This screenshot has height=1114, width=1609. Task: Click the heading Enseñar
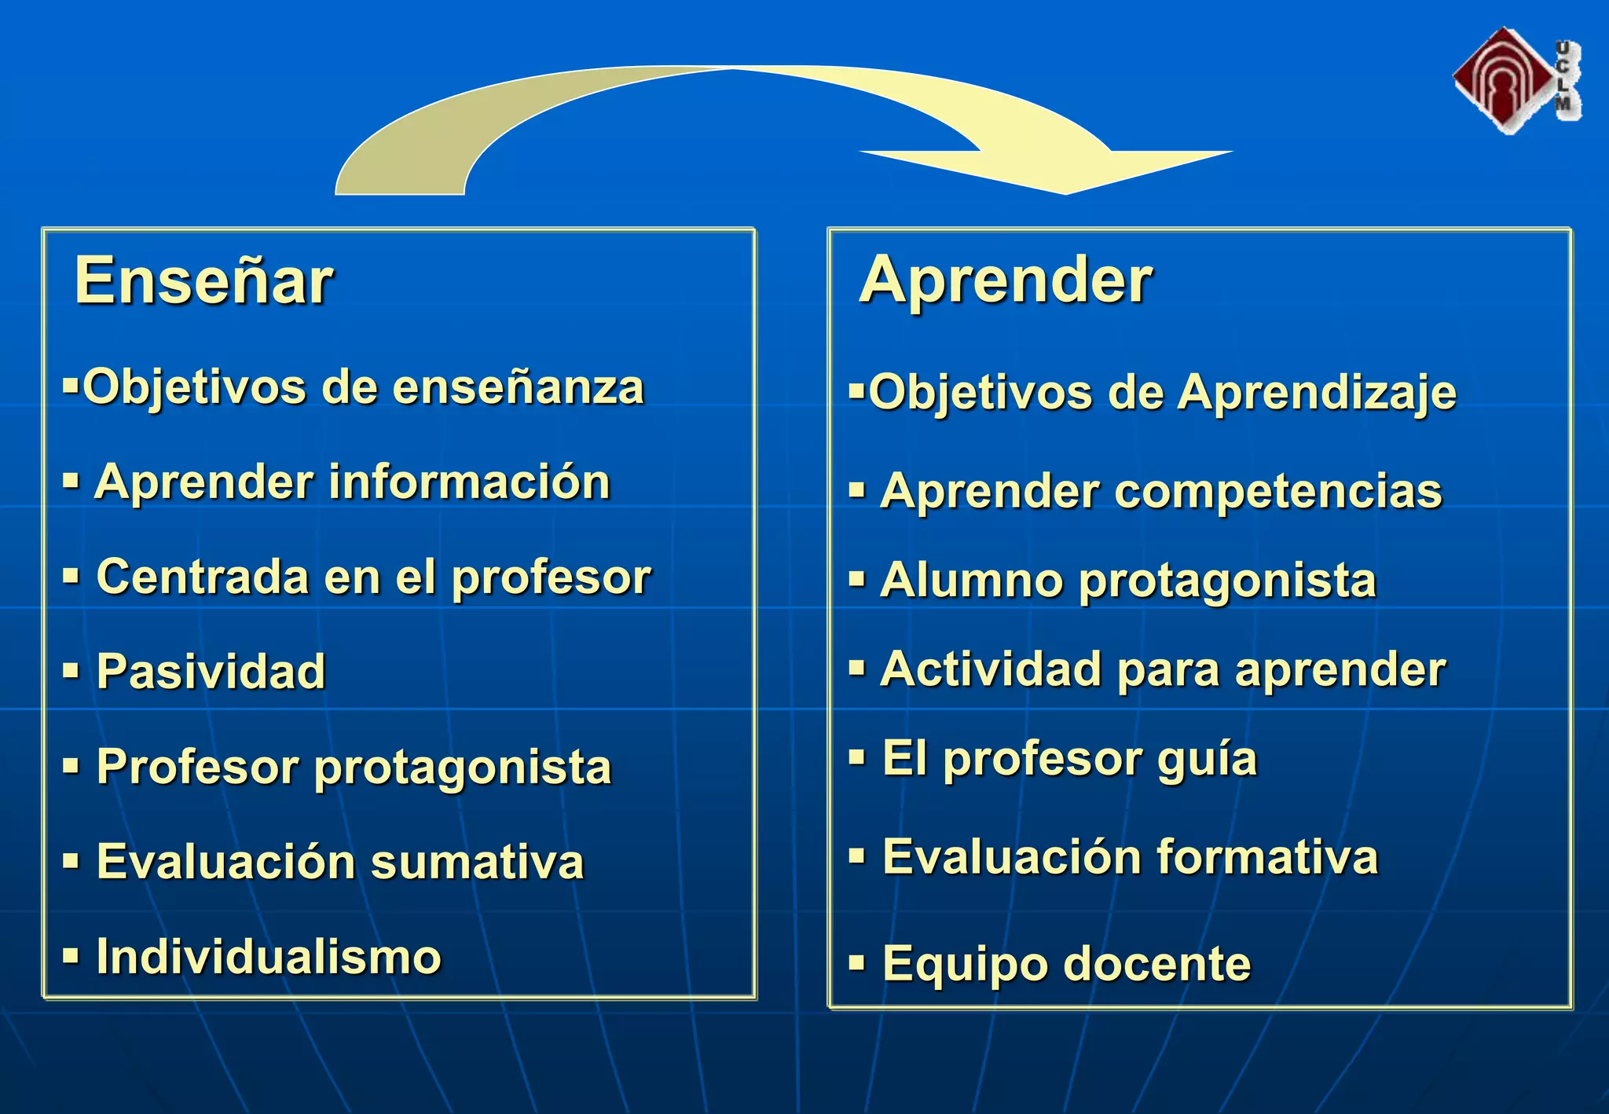click(203, 281)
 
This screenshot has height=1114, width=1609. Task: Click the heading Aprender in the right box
click(1005, 281)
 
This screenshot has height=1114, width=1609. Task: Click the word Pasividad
click(211, 672)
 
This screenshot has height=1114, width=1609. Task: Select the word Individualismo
click(269, 957)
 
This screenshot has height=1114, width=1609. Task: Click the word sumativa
click(477, 862)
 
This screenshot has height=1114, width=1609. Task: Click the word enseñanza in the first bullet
click(518, 387)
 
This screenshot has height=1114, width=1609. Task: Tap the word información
click(469, 482)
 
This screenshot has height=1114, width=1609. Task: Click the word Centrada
click(203, 577)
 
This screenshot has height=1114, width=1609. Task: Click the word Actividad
click(991, 669)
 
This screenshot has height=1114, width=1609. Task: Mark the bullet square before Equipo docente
click(856, 962)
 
